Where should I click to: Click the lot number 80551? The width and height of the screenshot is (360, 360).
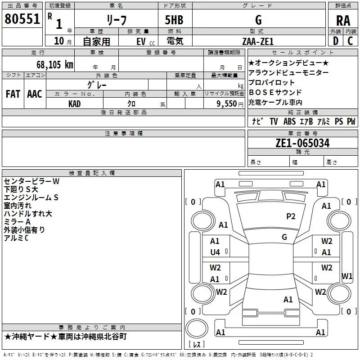(22, 19)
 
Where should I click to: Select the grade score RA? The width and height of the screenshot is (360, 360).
(343, 20)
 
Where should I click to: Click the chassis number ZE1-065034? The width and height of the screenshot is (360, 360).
(302, 143)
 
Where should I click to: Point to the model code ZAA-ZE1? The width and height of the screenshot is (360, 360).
(258, 41)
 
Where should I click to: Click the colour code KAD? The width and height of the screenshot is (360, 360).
(75, 103)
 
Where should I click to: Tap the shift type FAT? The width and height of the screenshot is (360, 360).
(13, 94)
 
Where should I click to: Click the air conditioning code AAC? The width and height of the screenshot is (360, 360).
(35, 94)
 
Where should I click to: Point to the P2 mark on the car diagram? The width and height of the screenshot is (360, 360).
(291, 216)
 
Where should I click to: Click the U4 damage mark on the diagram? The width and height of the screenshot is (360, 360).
(215, 252)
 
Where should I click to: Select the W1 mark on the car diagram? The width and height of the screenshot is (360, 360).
(347, 276)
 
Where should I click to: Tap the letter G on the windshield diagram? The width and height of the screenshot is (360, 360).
(284, 237)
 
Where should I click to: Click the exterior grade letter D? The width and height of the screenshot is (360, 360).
(335, 41)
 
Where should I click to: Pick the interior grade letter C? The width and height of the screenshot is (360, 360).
(350, 41)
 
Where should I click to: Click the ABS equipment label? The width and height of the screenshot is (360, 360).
(289, 121)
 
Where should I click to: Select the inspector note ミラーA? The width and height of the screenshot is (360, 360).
(17, 221)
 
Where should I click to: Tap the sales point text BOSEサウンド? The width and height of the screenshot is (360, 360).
(271, 93)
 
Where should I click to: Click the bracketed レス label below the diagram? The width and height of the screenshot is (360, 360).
(197, 345)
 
